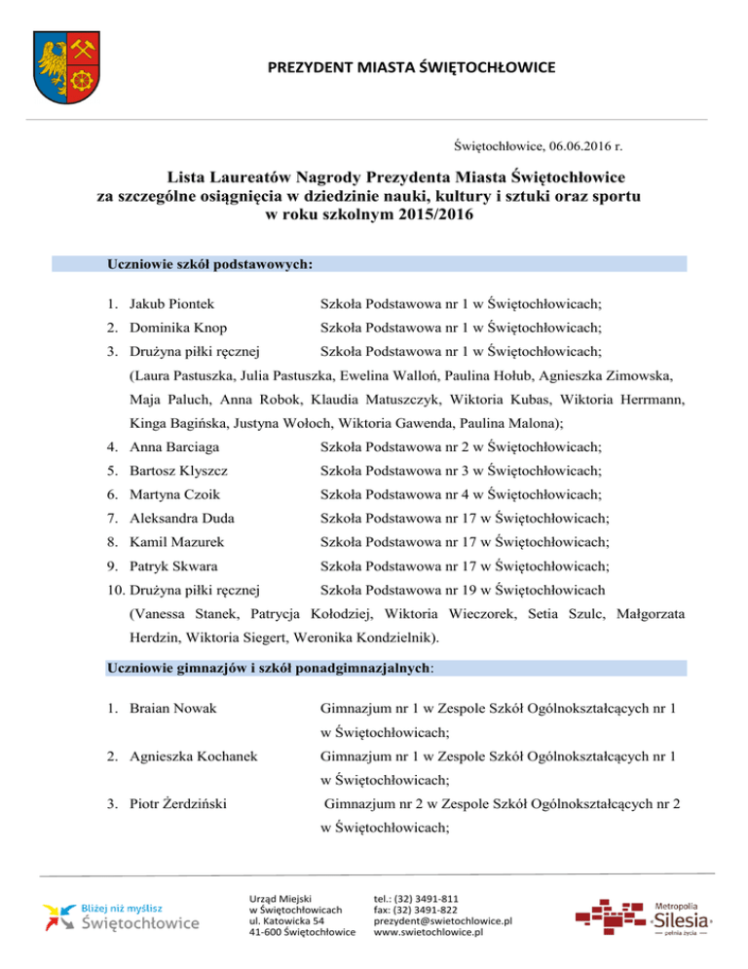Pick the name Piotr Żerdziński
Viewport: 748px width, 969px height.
(x=179, y=805)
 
